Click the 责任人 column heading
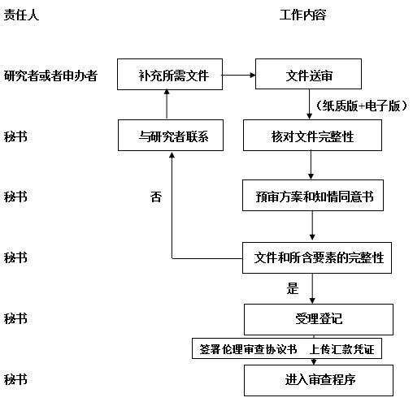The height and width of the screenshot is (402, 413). pyautogui.click(x=21, y=15)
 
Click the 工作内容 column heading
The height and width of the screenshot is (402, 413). pyautogui.click(x=302, y=15)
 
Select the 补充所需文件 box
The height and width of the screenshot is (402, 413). pyautogui.click(x=170, y=74)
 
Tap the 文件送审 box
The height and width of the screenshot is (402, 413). pyautogui.click(x=308, y=74)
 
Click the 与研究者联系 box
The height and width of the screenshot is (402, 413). pyautogui.click(x=171, y=135)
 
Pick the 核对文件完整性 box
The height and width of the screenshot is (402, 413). pyautogui.click(x=312, y=135)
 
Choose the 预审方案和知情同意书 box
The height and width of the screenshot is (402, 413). pyautogui.click(x=313, y=195)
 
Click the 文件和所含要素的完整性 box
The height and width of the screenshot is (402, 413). pyautogui.click(x=317, y=257)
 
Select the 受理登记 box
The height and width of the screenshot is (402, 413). pyautogui.click(x=319, y=319)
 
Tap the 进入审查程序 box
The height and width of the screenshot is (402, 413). pyautogui.click(x=319, y=380)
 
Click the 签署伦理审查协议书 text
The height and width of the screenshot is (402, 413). pyautogui.click(x=248, y=349)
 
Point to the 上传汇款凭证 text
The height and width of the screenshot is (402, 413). pyautogui.click(x=342, y=349)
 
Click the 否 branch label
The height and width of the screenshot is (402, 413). pyautogui.click(x=156, y=197)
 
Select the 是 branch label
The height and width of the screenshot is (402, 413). pyautogui.click(x=293, y=288)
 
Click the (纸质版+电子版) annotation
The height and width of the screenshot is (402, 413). pyautogui.click(x=362, y=106)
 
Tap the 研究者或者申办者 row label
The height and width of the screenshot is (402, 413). pyautogui.click(x=50, y=76)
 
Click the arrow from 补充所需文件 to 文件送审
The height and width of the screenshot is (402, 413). pyautogui.click(x=239, y=75)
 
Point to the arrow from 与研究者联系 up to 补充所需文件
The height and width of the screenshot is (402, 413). pyautogui.click(x=167, y=105)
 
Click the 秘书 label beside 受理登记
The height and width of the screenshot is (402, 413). pyautogui.click(x=15, y=318)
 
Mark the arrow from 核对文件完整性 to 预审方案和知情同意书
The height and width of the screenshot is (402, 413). pyautogui.click(x=311, y=165)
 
